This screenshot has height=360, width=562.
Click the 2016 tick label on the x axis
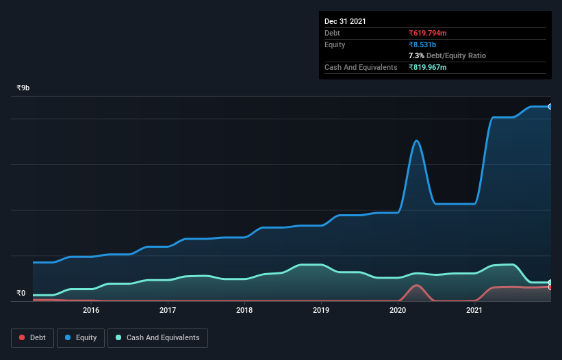pos(91,310)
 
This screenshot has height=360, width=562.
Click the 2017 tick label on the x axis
pos(168,310)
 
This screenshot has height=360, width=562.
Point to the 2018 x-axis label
pos(244,310)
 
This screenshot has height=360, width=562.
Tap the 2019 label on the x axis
pos(321,310)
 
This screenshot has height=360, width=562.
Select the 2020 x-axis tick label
pos(398,310)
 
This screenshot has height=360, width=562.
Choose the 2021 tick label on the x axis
pos(475,310)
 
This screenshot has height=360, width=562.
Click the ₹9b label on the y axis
pos(23,88)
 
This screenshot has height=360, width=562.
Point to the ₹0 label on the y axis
pos(21,294)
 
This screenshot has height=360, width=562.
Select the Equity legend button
pos(81,337)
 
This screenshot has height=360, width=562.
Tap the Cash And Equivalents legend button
pos(157,337)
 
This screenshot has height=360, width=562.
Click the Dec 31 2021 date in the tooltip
pos(345,21)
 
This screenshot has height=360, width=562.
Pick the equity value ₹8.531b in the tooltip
pos(422,44)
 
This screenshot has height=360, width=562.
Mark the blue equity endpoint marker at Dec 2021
pos(550,107)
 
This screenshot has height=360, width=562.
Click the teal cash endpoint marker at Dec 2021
pos(550,282)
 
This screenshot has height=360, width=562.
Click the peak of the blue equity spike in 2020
pos(416,140)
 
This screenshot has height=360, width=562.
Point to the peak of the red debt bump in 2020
pos(416,285)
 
